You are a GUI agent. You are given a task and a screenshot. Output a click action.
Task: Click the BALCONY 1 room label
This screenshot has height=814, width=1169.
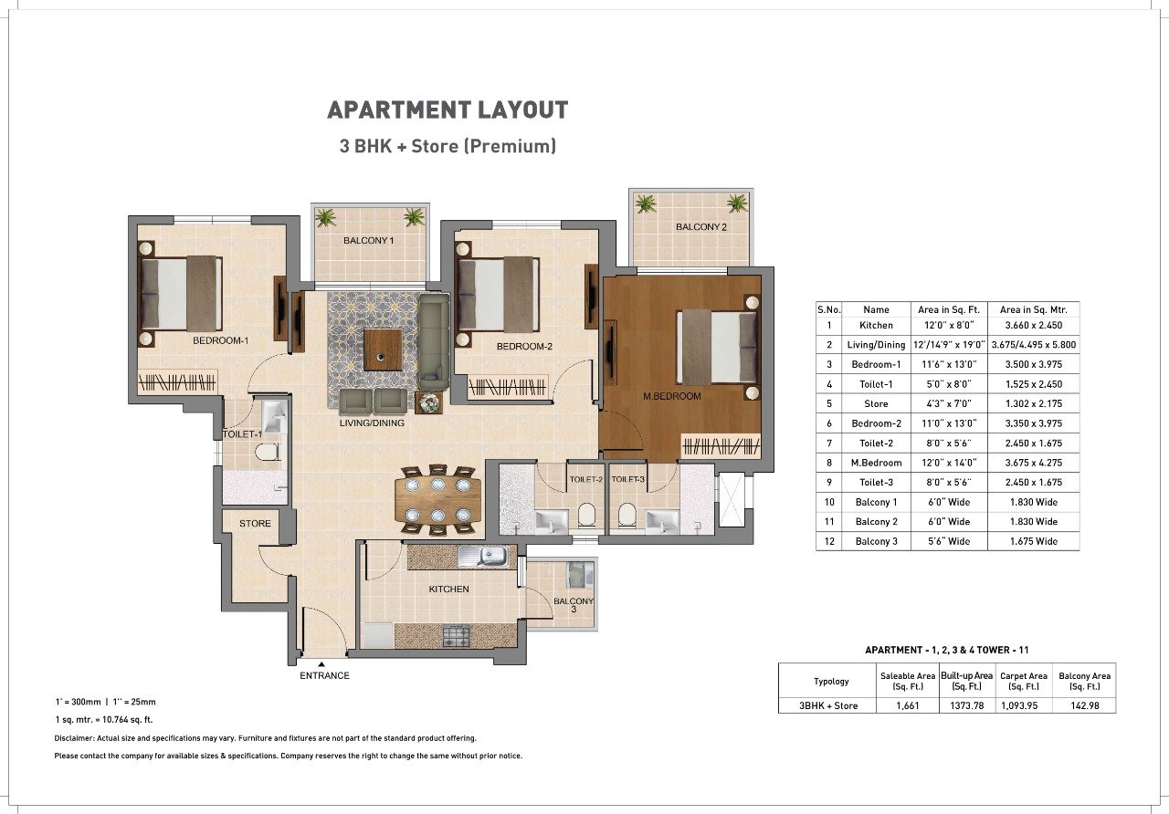coord(368,240)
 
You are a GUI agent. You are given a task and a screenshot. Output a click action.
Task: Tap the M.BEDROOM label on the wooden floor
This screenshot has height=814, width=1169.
coord(671,396)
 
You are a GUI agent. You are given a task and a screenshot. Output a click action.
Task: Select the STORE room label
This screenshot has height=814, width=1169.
coord(255,524)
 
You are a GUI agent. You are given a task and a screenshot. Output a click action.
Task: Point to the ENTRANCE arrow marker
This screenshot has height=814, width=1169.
coord(321,664)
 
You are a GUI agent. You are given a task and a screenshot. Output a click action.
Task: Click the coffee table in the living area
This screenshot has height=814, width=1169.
coord(383,350)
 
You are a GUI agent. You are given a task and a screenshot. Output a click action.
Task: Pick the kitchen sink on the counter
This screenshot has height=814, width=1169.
coord(483,557)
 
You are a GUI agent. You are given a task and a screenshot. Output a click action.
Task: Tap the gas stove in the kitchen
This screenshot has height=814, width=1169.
coord(456,636)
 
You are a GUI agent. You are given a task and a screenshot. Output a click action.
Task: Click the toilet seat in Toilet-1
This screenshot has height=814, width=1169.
coord(267,452)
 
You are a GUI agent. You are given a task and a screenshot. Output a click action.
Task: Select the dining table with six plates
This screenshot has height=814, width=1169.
coord(437,501)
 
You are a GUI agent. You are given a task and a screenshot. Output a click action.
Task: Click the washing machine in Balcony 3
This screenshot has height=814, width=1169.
coord(580,574)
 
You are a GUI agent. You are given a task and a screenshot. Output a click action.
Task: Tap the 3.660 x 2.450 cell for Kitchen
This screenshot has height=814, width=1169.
coord(1033,326)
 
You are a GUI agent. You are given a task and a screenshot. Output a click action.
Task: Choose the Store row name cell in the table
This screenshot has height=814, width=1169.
coord(876,403)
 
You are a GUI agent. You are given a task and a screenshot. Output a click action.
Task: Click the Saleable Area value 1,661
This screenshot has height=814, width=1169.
coord(908,705)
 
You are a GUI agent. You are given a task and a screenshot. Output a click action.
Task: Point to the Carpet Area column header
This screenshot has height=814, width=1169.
coord(1024,681)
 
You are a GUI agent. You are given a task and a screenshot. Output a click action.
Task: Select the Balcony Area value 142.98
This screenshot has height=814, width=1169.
coord(1084,705)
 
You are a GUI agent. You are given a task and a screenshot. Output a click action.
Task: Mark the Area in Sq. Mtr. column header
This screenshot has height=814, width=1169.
coord(1033,309)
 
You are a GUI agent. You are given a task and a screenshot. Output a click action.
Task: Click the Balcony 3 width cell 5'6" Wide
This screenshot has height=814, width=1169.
coord(949,541)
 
